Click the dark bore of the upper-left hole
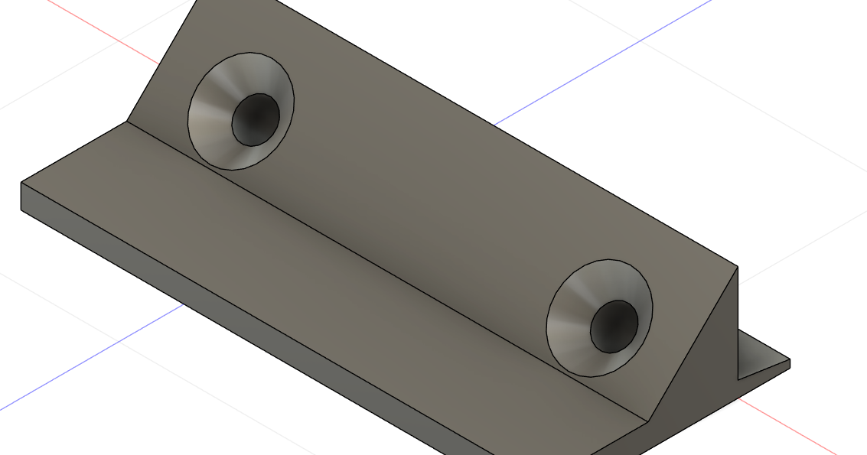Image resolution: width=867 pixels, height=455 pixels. pos(256,119)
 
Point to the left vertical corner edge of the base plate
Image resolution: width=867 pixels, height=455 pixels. pos(21,197)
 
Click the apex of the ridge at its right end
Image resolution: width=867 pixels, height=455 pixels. pos(737,267)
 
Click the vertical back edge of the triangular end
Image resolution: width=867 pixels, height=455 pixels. pos(737,321)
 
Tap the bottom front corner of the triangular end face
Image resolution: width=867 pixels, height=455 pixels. pos(650,418)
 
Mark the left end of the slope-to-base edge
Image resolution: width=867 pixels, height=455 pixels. pos(127,121)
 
